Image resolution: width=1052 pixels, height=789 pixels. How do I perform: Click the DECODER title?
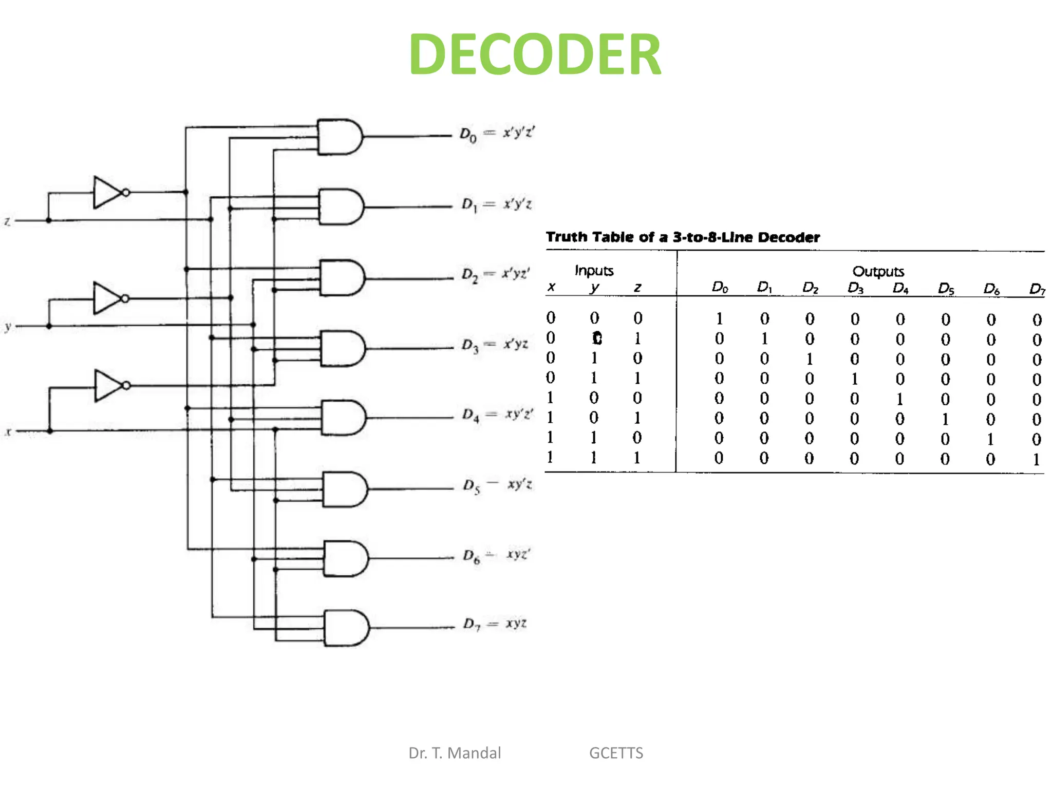point(535,54)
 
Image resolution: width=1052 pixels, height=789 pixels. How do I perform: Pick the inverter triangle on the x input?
point(107,385)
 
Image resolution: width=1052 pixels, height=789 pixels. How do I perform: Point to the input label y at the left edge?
point(8,326)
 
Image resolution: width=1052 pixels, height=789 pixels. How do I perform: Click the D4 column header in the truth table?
point(900,288)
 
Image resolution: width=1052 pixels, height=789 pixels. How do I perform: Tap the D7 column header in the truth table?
point(1037,289)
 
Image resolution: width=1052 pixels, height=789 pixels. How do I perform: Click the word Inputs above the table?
point(594,271)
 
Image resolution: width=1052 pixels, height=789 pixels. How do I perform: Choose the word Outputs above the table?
point(878,271)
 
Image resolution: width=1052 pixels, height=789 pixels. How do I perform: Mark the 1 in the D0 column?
point(719,319)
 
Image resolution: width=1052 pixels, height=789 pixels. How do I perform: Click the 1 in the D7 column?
point(1036,459)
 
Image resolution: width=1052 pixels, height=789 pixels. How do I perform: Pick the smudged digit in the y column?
point(596,338)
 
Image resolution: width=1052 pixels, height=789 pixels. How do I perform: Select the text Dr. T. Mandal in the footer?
point(454,753)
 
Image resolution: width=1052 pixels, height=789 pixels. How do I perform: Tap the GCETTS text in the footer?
point(616,753)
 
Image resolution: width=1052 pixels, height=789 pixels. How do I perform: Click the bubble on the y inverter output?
point(125,298)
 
